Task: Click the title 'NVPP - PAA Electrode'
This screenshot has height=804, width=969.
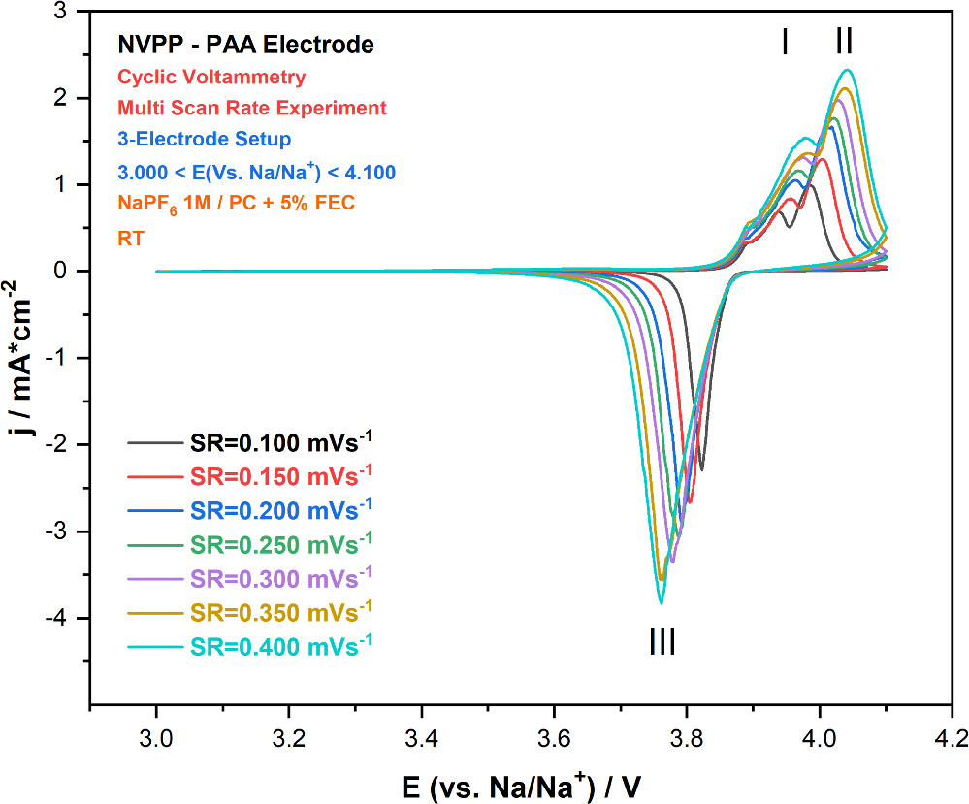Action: coord(245,45)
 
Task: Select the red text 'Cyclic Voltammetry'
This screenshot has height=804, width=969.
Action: coord(211,77)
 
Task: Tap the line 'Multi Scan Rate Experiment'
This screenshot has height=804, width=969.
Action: coord(251,108)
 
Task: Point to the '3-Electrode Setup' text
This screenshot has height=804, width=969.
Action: coord(204,140)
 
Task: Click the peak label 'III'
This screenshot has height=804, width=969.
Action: coord(662,642)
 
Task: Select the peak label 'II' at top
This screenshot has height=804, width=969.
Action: coord(844,41)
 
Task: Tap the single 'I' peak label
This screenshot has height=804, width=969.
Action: coord(784,41)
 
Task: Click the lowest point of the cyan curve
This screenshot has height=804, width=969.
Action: coord(662,603)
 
